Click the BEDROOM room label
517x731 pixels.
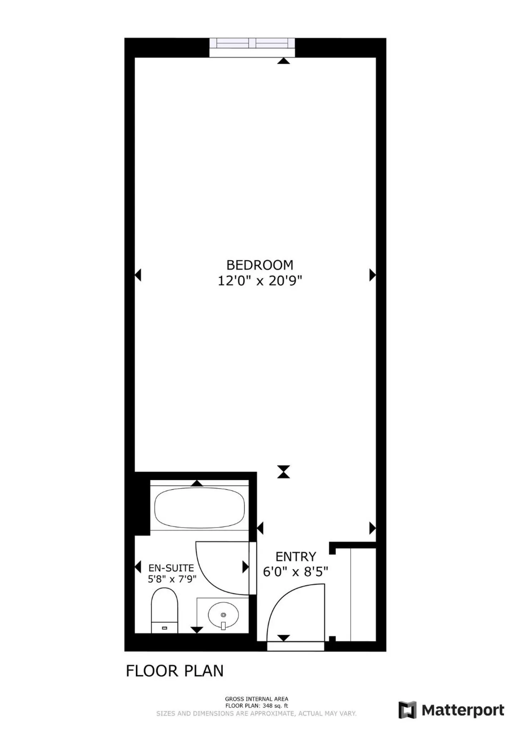pyautogui.click(x=260, y=265)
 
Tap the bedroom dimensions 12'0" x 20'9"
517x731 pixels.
pyautogui.click(x=260, y=281)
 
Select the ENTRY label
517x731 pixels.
pyautogui.click(x=296, y=557)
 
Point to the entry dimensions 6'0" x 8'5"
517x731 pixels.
pyautogui.click(x=295, y=572)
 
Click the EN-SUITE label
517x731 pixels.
pyautogui.click(x=171, y=568)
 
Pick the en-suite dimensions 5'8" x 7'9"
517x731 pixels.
pyautogui.click(x=172, y=579)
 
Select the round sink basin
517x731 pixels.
pyautogui.click(x=223, y=615)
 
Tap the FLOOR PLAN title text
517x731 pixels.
pyautogui.click(x=175, y=671)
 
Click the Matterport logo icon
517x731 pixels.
pyautogui.click(x=407, y=710)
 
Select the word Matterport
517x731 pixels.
pyautogui.click(x=463, y=710)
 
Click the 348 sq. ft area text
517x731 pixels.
pyautogui.click(x=275, y=706)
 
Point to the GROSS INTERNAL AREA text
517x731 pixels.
pyautogui.click(x=256, y=699)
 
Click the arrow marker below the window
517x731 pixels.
pyautogui.click(x=283, y=61)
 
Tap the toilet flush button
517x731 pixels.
pyautogui.click(x=165, y=628)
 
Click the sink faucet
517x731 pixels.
pyautogui.click(x=223, y=625)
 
